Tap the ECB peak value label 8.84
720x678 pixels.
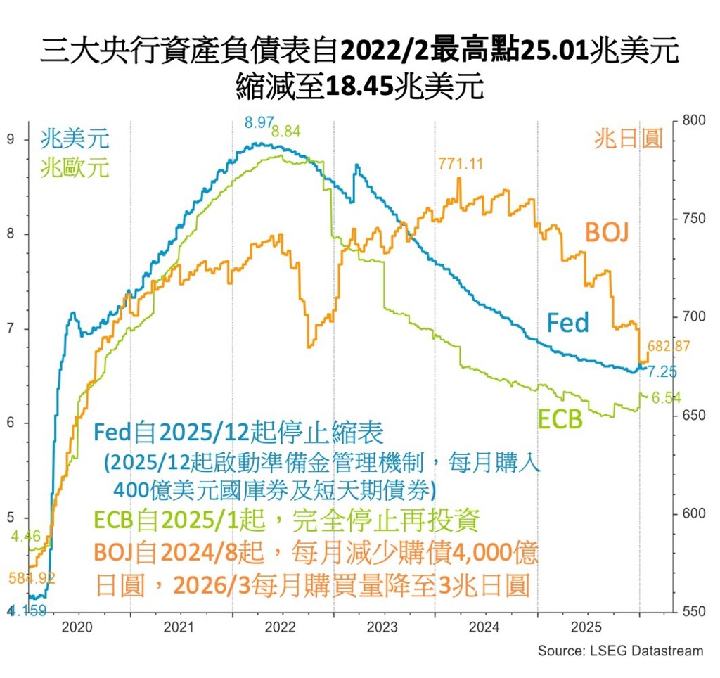click(x=285, y=131)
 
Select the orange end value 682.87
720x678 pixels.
click(x=667, y=346)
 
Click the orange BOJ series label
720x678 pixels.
click(x=607, y=232)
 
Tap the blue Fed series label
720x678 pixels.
click(x=567, y=323)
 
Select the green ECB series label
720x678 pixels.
click(x=560, y=419)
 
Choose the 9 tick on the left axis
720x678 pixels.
click(x=10, y=139)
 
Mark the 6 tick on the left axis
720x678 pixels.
click(x=10, y=423)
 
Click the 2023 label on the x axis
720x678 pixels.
click(x=383, y=627)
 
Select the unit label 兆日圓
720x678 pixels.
click(x=629, y=139)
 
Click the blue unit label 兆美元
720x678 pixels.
click(x=75, y=139)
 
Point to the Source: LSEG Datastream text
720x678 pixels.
click(x=620, y=651)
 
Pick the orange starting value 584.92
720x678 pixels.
click(x=32, y=578)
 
